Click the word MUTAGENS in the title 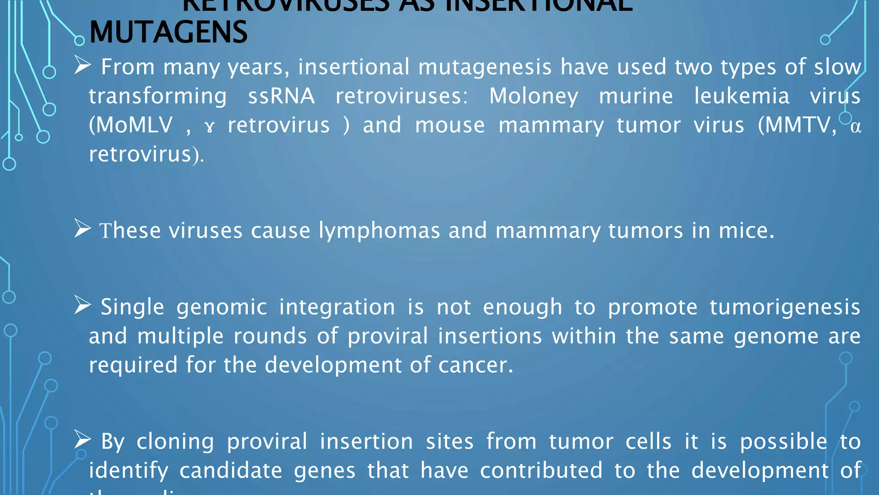coord(168,33)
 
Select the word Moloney coord(533,96)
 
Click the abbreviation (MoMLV coord(130,125)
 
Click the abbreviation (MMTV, coord(797,125)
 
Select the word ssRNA coord(281,96)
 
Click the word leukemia coord(742,96)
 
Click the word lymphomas coord(379,231)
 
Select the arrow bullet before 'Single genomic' coord(82,305)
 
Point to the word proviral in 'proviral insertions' coord(388,336)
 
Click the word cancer coord(475,365)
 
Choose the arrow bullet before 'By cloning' coord(82,440)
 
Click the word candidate coord(230,471)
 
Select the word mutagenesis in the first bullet coord(485,67)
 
